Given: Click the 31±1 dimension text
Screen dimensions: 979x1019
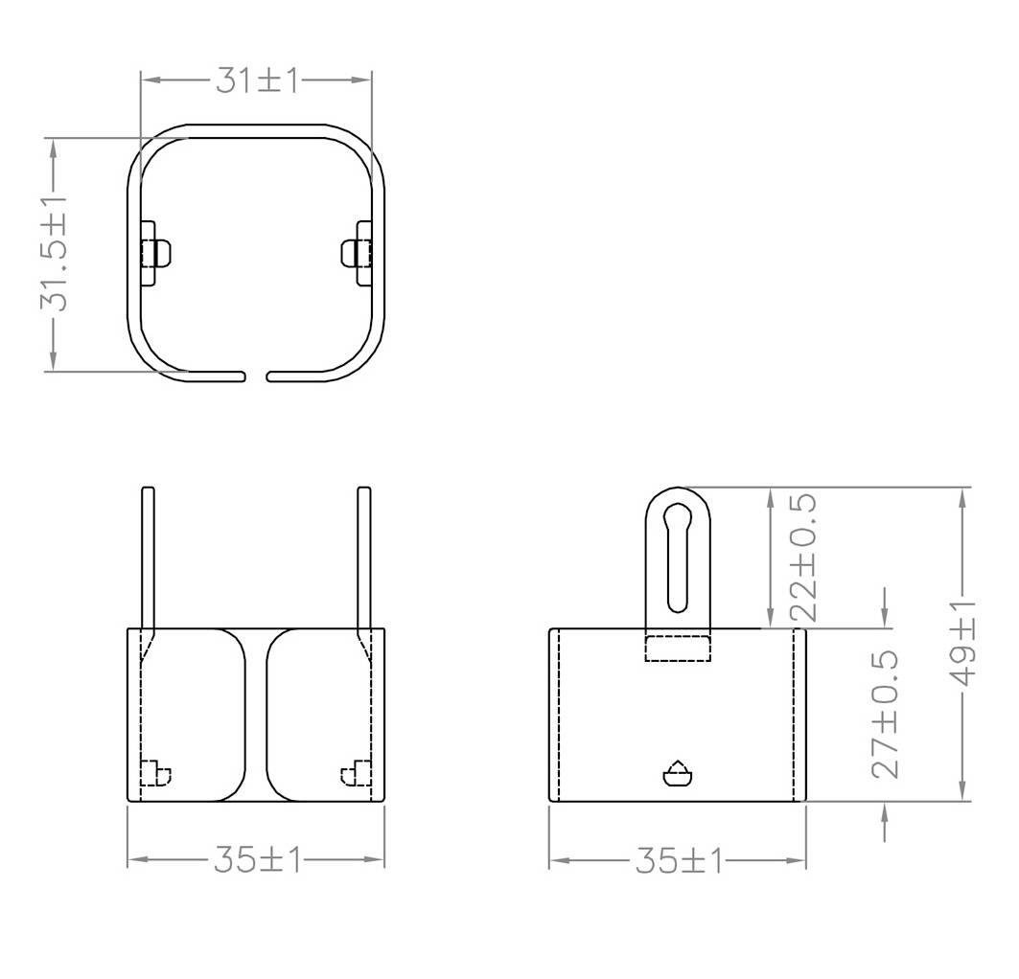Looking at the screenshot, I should point(257,80).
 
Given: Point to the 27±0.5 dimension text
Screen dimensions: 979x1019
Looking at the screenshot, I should point(886,713).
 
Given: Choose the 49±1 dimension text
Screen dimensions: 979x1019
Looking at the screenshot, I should point(963,644).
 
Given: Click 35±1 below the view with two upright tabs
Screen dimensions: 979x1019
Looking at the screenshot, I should point(257,860).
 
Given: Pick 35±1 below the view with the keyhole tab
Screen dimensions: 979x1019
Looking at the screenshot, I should point(678,860).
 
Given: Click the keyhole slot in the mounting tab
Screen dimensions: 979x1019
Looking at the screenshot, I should point(678,556).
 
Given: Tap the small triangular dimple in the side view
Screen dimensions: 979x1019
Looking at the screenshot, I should point(678,773).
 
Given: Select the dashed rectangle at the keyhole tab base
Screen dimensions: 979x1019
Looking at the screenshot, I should point(678,648).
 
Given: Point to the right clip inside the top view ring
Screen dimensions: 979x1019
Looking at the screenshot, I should point(359,253).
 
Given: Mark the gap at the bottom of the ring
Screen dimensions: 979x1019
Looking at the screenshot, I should point(256,376).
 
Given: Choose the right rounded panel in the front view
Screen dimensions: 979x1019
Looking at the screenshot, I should point(313,715).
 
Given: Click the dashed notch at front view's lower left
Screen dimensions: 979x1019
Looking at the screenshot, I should point(154,772).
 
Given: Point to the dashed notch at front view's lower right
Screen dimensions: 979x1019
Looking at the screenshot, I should point(357,772).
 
